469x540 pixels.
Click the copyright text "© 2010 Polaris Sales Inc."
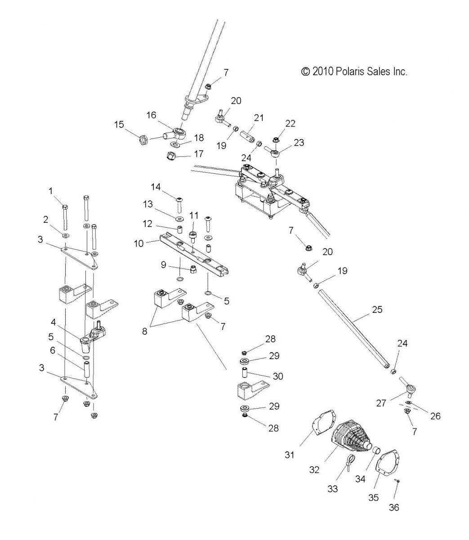[x=354, y=72]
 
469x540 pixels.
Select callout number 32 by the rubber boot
[x=314, y=470]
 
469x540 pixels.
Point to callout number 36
[x=394, y=508]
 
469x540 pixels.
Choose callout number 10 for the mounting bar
[x=138, y=243]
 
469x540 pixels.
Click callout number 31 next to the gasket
[x=290, y=454]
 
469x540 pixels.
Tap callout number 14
[x=156, y=187]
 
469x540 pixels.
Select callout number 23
[x=299, y=143]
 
